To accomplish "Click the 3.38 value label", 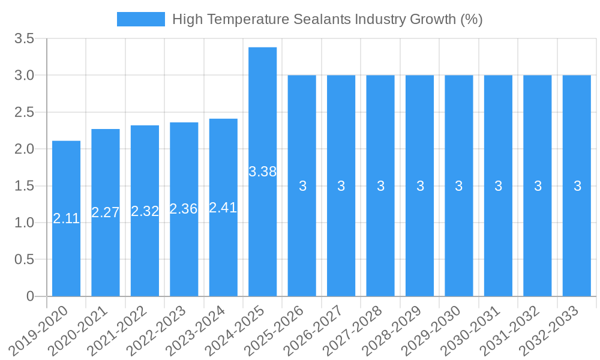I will click(263, 172).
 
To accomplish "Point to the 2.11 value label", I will click(66, 218).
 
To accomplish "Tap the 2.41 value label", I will click(223, 208).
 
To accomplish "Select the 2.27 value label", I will click(106, 212).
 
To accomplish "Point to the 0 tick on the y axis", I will click(30, 296).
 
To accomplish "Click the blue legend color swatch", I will click(140, 19).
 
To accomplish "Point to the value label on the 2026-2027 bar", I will click(341, 186).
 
